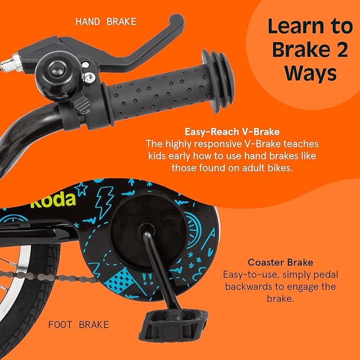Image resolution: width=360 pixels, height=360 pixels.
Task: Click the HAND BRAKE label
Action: point(106,22)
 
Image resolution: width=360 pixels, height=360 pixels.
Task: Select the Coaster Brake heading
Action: point(280,262)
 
